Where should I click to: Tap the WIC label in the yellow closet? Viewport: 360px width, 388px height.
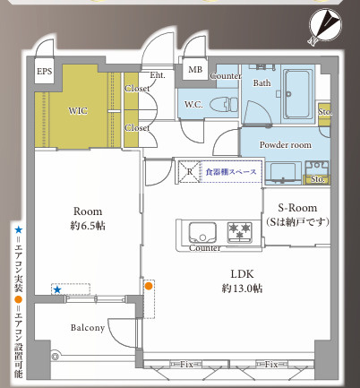[78, 111]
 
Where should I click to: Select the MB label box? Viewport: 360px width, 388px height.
[194, 70]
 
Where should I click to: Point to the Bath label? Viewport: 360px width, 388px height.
[261, 83]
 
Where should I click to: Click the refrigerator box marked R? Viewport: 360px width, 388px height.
[189, 170]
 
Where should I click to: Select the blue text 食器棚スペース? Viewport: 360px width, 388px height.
[230, 171]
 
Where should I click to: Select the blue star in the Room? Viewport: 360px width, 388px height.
[56, 290]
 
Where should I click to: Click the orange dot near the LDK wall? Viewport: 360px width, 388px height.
[149, 286]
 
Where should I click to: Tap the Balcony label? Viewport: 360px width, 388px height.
[89, 328]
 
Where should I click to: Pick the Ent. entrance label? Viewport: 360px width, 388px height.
[158, 75]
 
